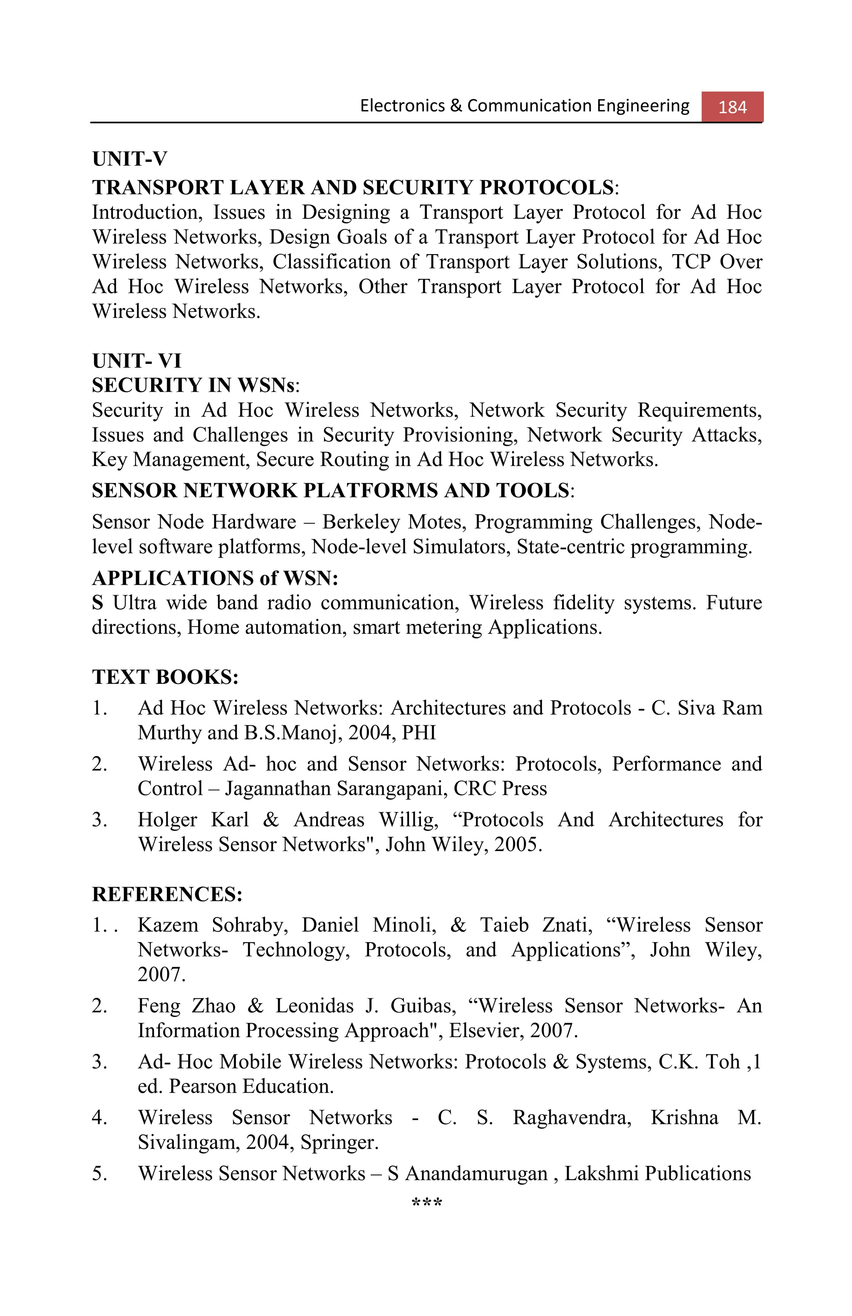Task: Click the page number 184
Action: pyautogui.click(x=732, y=107)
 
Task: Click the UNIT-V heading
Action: pyautogui.click(x=129, y=159)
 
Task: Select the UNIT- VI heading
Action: pyautogui.click(x=136, y=361)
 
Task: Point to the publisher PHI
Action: pyautogui.click(x=419, y=732)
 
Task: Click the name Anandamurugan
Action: pyautogui.click(x=476, y=1173)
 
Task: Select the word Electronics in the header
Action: pyautogui.click(x=402, y=106)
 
